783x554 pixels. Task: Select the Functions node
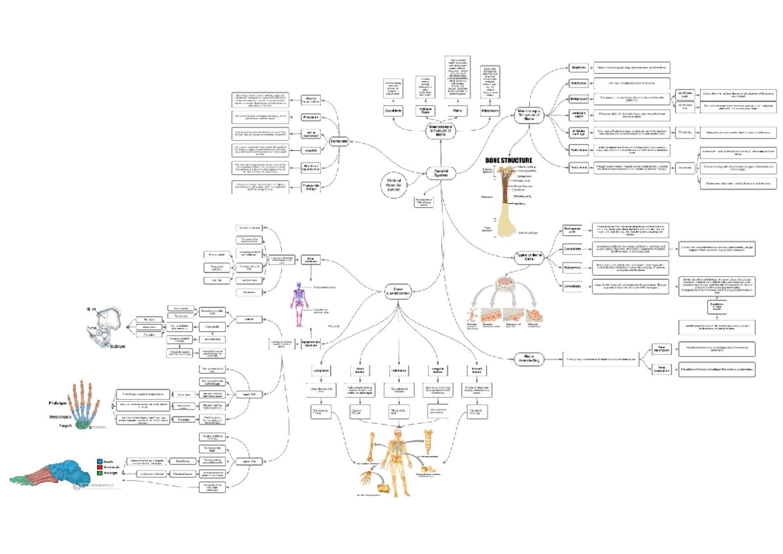tap(339, 139)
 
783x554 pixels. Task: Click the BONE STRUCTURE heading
tap(508, 160)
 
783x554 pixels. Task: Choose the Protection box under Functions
tap(311, 118)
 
